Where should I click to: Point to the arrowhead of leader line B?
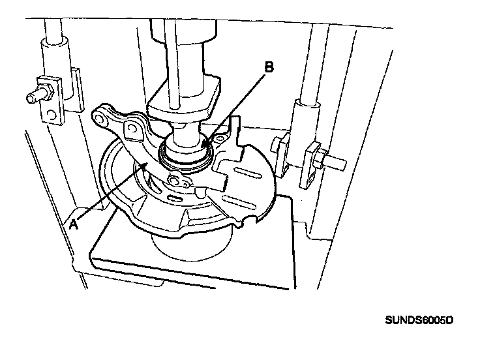pos(203,142)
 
